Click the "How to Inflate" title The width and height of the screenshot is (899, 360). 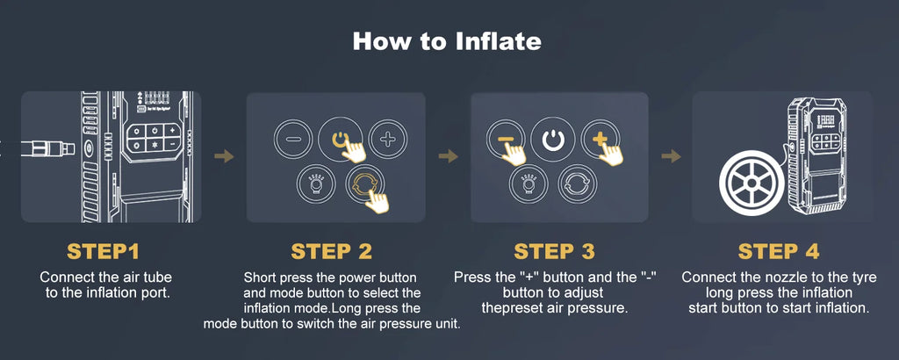pos(447,41)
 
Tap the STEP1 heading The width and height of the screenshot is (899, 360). pos(104,251)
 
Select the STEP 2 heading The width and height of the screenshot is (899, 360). pos(331,251)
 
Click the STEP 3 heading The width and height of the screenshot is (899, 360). pos(555,251)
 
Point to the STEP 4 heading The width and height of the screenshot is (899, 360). pos(779,251)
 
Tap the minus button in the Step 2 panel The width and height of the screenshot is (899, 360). pos(292,140)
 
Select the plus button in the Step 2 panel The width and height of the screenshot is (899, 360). pos(387,140)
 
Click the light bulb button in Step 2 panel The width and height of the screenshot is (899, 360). pos(316,184)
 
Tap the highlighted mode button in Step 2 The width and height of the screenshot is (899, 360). pos(364,184)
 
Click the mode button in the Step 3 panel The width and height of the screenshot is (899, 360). pos(578,184)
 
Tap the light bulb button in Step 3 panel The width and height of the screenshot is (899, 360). pos(529,184)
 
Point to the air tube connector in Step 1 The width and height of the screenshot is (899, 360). pos(48,149)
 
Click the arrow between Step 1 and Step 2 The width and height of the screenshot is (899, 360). pos(225,156)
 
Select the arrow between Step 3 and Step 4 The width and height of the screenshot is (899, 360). pos(671,156)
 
